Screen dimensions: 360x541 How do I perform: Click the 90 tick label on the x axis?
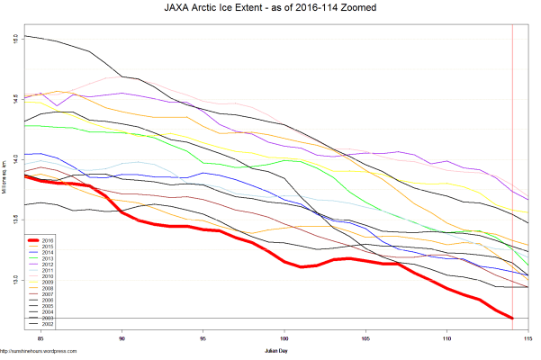[122, 340]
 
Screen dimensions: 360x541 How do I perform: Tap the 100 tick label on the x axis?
[284, 340]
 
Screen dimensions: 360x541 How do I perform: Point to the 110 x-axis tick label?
[446, 340]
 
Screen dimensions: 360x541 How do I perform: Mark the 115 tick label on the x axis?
[527, 340]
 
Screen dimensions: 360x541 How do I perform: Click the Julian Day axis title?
[275, 349]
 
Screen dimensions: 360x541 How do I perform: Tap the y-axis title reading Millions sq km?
[5, 184]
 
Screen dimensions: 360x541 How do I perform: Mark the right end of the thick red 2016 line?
[512, 318]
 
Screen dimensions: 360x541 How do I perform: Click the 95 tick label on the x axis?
[203, 340]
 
